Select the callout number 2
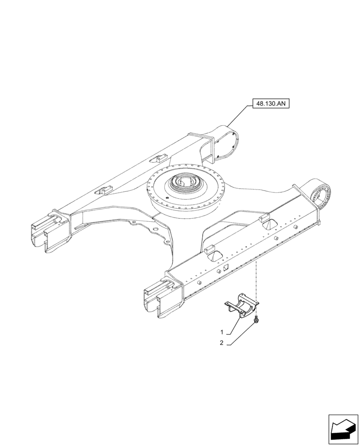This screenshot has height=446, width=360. coord(221,343)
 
